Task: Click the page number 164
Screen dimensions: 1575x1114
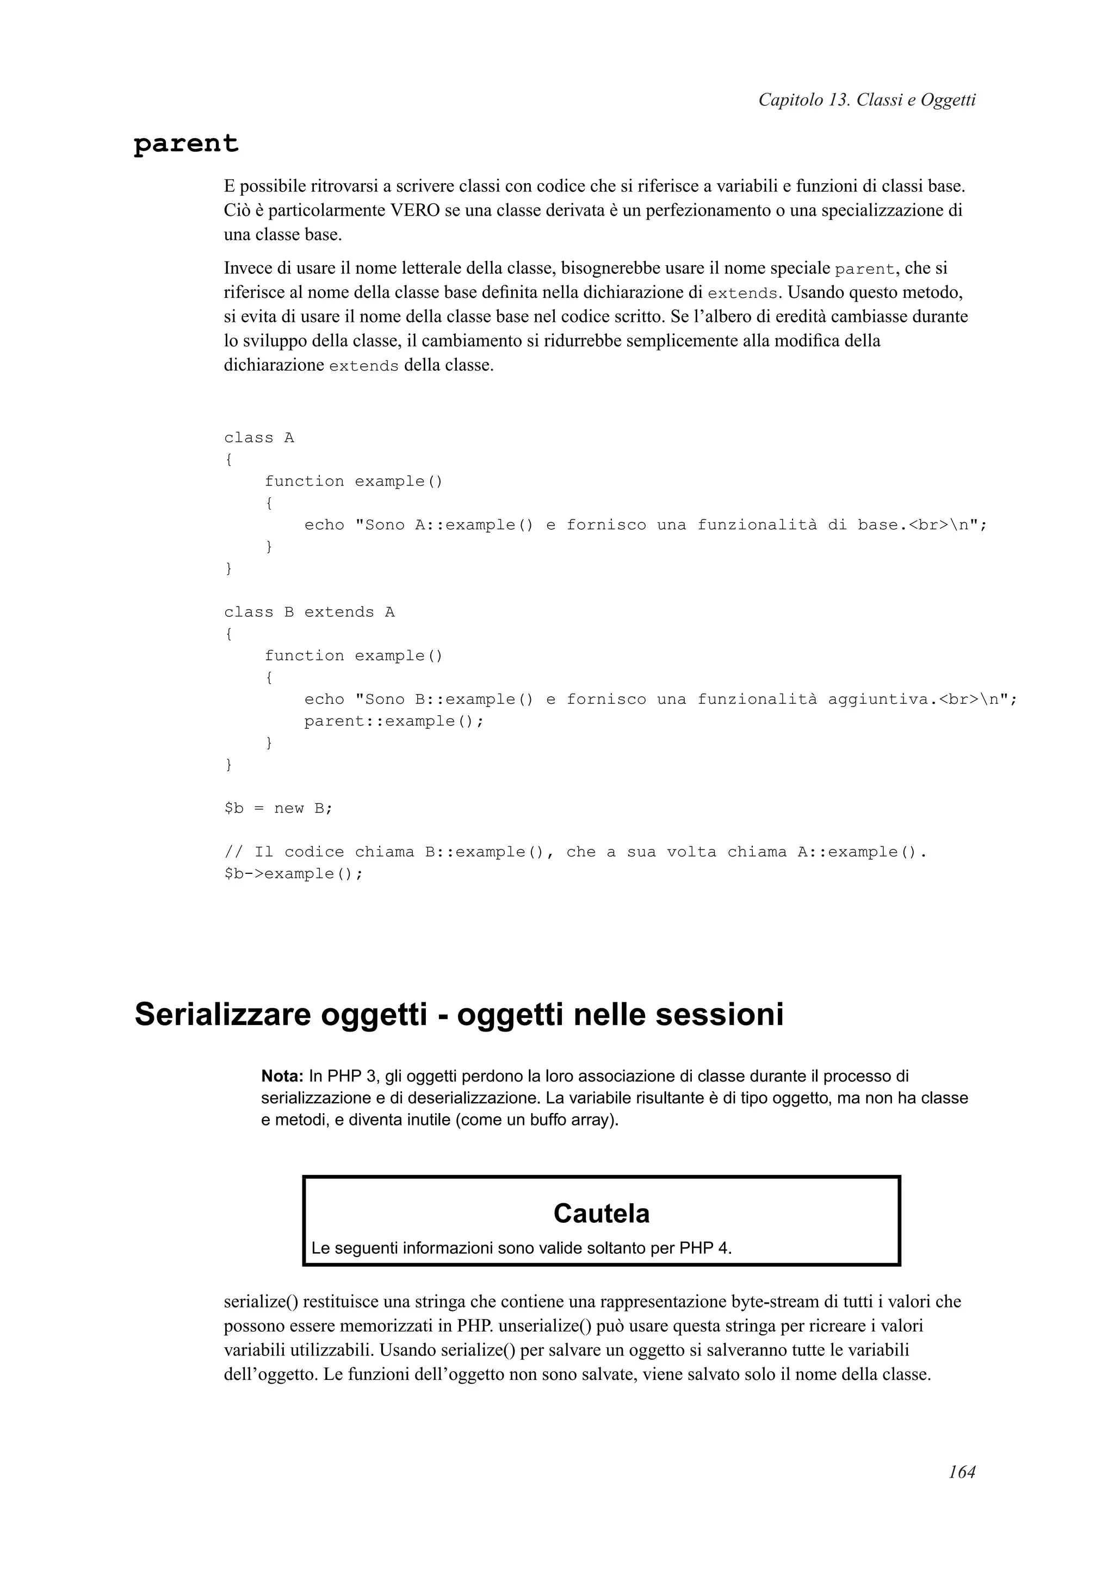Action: pyautogui.click(x=962, y=1471)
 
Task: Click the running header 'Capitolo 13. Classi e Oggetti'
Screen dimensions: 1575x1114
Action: pyautogui.click(x=866, y=100)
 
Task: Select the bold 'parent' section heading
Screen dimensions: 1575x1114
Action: pyautogui.click(x=186, y=144)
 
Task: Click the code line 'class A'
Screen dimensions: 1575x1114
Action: pyautogui.click(x=259, y=437)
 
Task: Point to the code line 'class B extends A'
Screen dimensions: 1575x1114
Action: pyautogui.click(x=309, y=612)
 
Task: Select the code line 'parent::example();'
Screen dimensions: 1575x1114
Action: pyautogui.click(x=394, y=721)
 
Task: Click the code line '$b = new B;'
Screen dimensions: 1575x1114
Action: pyautogui.click(x=278, y=808)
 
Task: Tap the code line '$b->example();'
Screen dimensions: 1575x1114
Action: pyautogui.click(x=293, y=874)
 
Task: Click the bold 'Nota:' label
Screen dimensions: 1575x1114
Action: pyautogui.click(x=282, y=1076)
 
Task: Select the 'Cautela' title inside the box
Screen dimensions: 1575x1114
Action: pyautogui.click(x=601, y=1214)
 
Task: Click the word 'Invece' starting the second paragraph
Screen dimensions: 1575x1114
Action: pyautogui.click(x=249, y=267)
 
